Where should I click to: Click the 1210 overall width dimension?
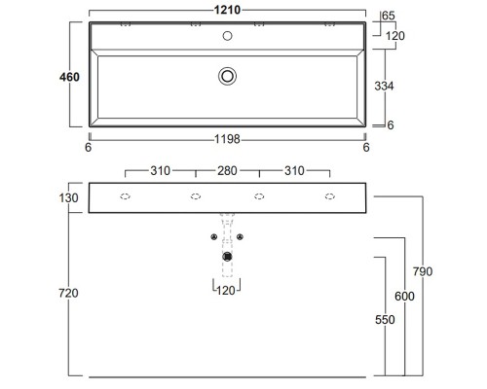[228, 10]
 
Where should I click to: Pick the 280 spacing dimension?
[228, 170]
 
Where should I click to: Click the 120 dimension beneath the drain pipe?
[227, 290]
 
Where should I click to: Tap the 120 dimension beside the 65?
[394, 36]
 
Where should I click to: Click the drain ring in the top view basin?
[228, 75]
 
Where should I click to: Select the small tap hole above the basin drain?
[228, 36]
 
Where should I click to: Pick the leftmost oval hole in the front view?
[126, 196]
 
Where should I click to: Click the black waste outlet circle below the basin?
[228, 256]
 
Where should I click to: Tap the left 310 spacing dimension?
[162, 170]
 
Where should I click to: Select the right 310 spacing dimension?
[294, 170]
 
